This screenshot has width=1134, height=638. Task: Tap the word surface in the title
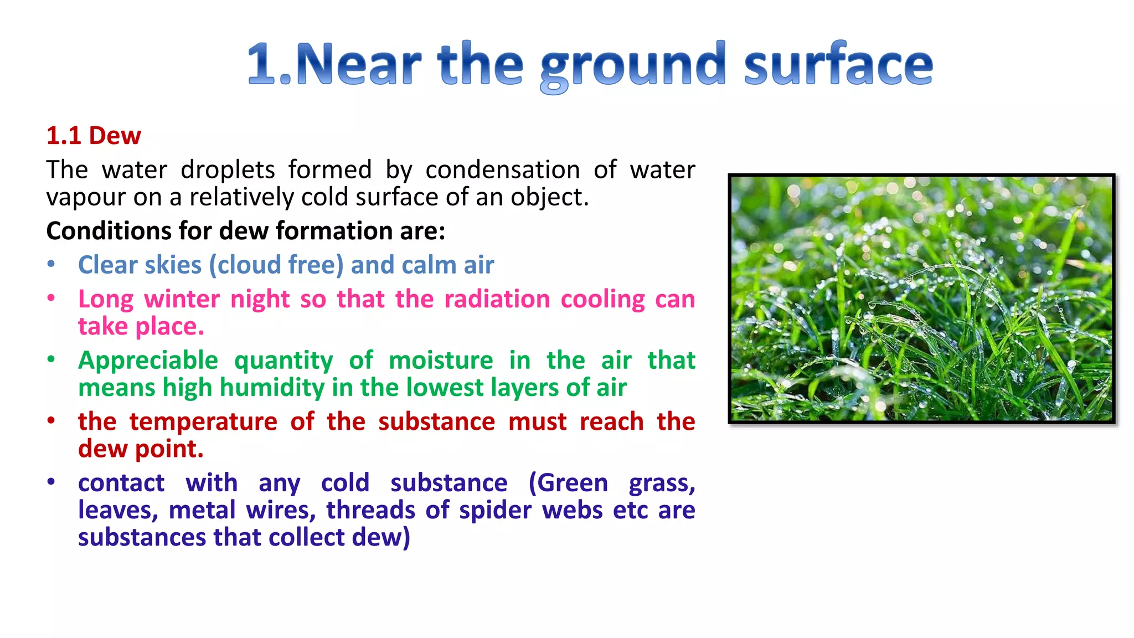[838, 65]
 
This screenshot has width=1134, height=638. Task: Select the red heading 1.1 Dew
[94, 136]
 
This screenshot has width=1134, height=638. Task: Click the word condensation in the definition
[502, 169]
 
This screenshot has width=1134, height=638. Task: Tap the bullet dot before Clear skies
[51, 264]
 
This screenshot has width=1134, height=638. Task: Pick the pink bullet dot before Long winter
[51, 299]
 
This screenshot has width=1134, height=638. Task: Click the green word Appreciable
[148, 361]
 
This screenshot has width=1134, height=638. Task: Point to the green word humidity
[272, 388]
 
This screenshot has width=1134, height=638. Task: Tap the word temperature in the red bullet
[203, 421]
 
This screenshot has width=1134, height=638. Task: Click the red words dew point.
[141, 449]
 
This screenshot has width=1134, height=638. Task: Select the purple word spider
[495, 510]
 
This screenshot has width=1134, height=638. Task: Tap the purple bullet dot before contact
[51, 482]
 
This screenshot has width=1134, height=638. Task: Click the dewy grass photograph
[921, 299]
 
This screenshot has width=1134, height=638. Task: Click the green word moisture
[441, 361]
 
